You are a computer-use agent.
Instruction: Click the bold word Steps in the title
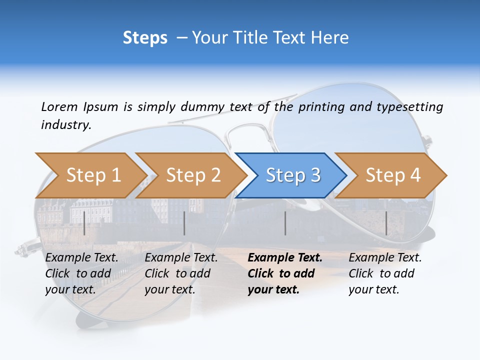145,38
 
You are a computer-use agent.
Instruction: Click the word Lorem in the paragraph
59,106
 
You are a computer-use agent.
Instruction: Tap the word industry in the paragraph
65,125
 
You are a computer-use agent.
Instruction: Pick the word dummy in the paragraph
204,106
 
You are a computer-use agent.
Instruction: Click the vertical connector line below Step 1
84,223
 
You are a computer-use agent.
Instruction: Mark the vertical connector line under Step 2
184,223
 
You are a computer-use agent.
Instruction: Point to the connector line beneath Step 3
285,223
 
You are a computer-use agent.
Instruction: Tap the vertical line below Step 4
386,223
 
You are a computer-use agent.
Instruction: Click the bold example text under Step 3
284,273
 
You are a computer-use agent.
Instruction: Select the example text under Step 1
81,273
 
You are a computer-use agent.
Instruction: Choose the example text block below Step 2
180,273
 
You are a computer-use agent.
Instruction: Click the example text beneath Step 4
384,273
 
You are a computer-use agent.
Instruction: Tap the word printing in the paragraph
321,106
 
